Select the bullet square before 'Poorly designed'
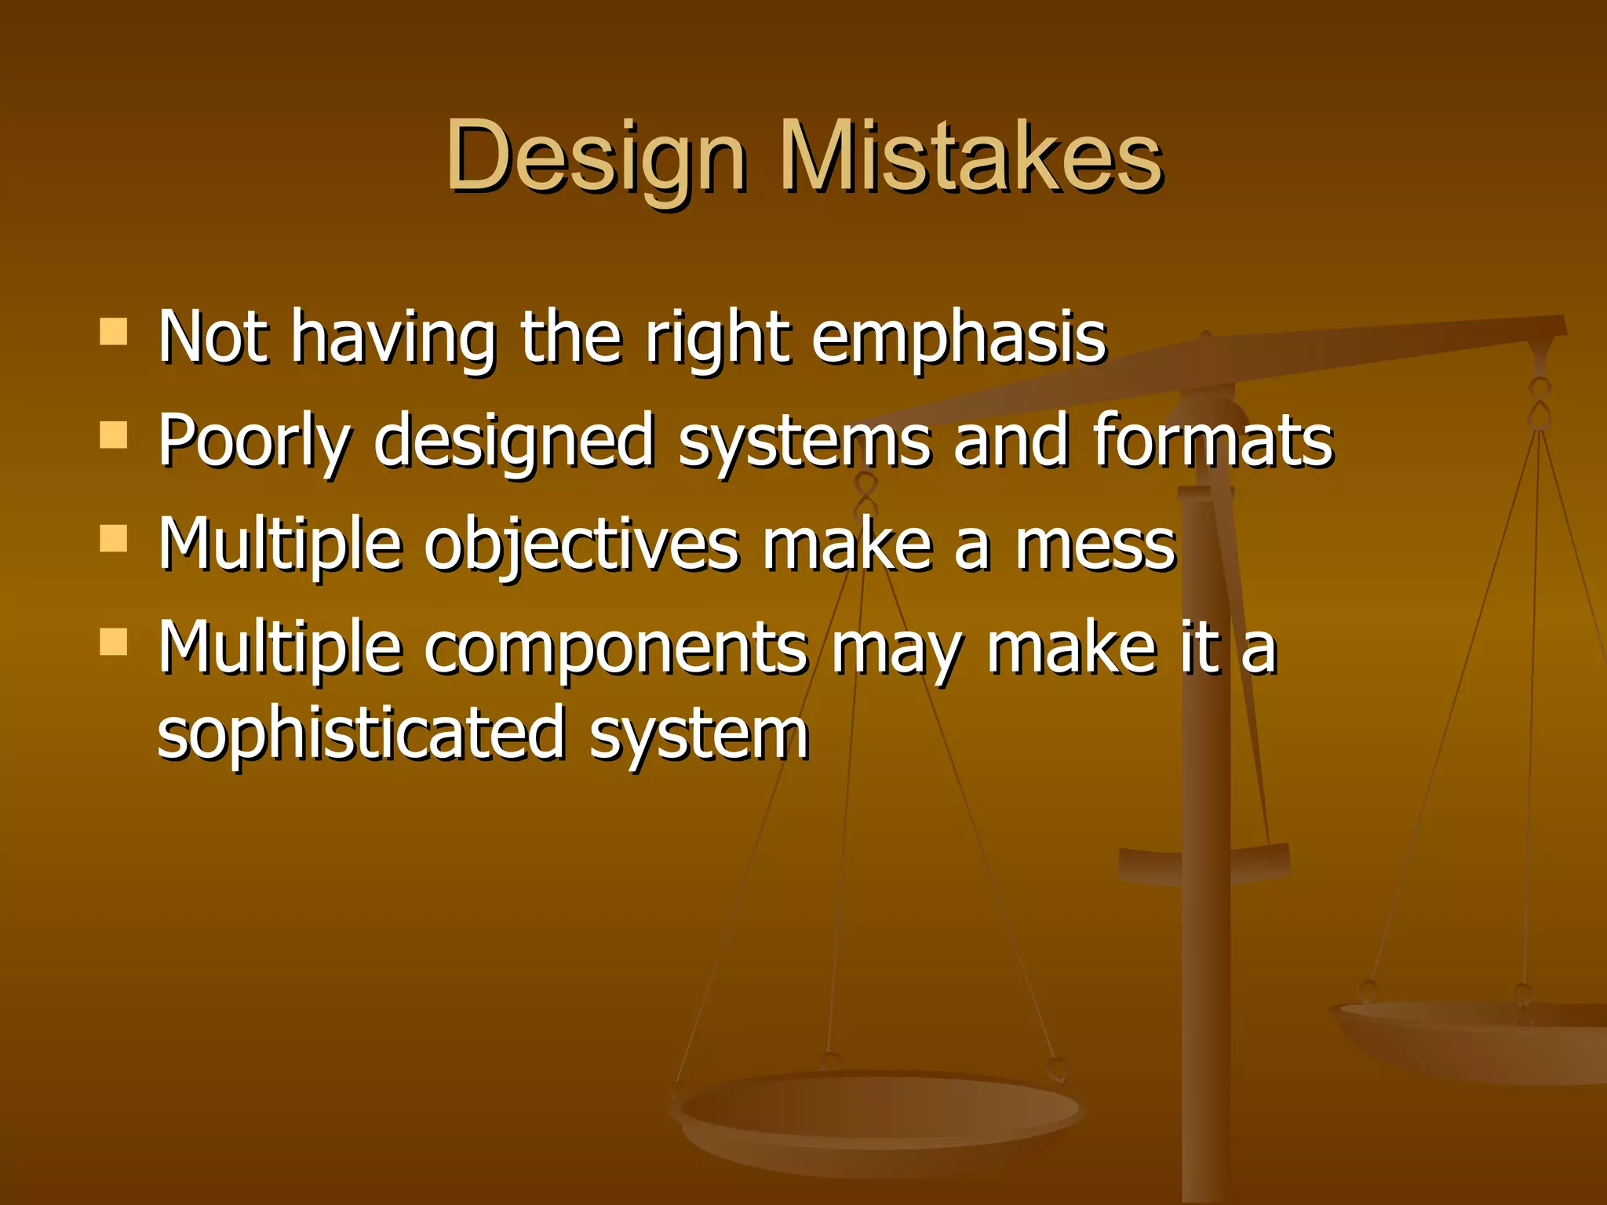114,435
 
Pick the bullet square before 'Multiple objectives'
114,540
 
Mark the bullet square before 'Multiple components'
114,643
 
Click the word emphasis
958,339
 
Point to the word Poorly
253,442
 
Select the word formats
1212,441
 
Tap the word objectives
581,546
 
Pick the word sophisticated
361,734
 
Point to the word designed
514,442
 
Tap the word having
393,339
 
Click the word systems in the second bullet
804,442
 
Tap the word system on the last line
698,734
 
